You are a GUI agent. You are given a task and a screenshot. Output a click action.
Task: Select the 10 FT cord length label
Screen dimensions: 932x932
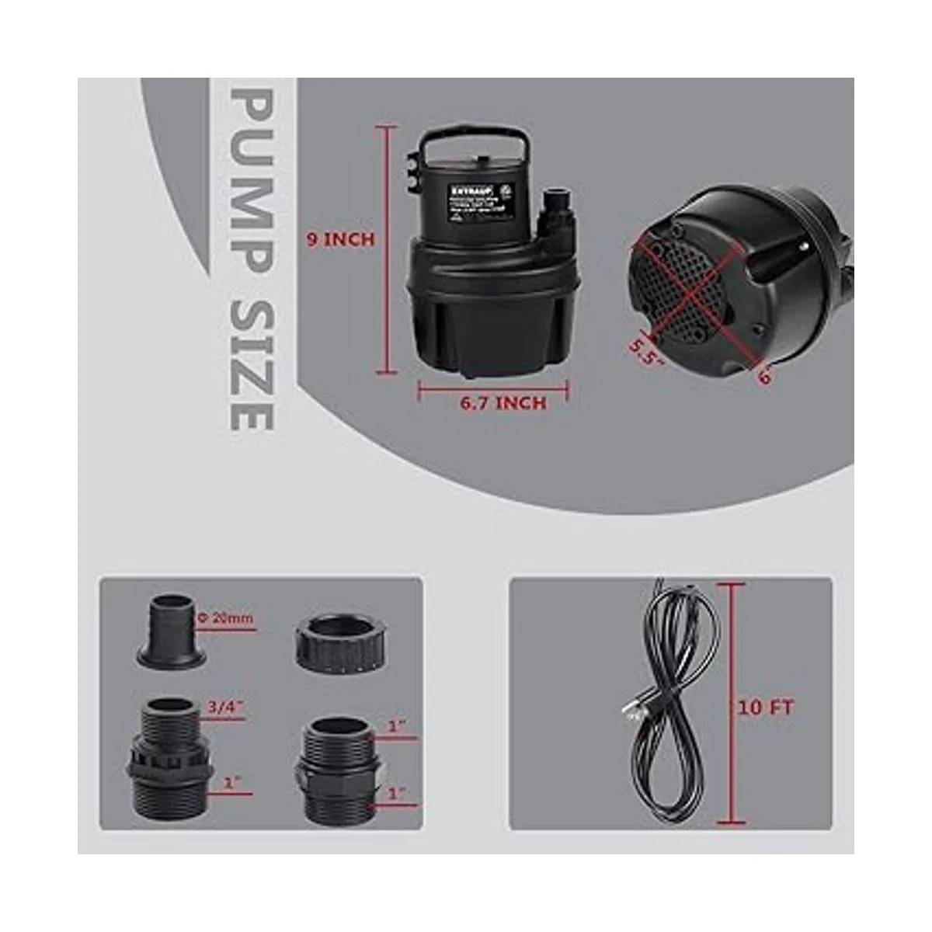[765, 708]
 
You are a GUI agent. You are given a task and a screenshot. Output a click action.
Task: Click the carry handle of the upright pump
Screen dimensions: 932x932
[475, 139]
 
